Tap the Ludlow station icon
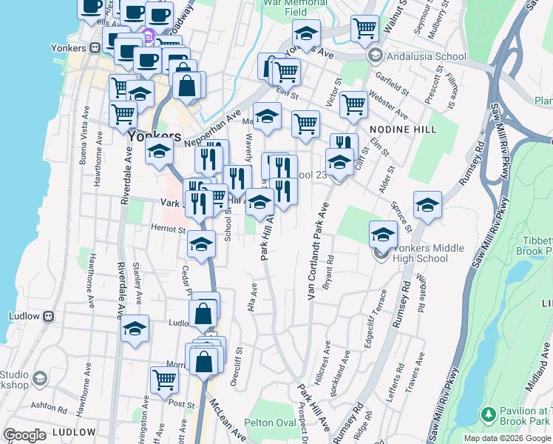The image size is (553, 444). [x=49, y=316]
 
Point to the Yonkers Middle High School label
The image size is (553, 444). [x=420, y=253]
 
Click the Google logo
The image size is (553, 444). [x=24, y=434]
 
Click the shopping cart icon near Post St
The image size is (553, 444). [x=164, y=380]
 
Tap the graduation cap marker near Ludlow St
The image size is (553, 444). [x=135, y=329]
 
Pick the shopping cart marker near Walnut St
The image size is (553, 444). [x=364, y=28]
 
